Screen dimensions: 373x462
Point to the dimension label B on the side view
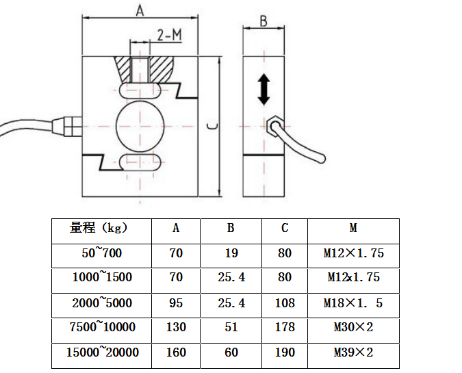tap(264, 21)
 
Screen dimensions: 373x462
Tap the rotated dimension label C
tap(213, 127)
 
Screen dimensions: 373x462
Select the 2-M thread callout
tap(169, 35)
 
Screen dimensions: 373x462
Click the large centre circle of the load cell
tap(140, 126)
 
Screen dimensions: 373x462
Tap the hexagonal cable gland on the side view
tap(275, 126)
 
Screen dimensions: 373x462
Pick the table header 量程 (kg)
tap(100, 229)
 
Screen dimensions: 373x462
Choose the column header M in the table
tap(353, 229)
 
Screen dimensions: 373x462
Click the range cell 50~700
tap(101, 253)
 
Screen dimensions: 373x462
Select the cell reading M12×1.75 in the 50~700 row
tap(353, 253)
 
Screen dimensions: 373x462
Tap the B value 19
tap(231, 253)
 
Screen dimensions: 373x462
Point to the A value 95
tap(176, 303)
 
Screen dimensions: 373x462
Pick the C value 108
tap(285, 303)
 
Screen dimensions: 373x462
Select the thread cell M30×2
tap(353, 327)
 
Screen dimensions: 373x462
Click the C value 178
tap(285, 327)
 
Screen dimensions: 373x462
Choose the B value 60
tap(231, 352)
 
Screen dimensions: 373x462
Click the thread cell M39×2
tap(353, 352)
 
